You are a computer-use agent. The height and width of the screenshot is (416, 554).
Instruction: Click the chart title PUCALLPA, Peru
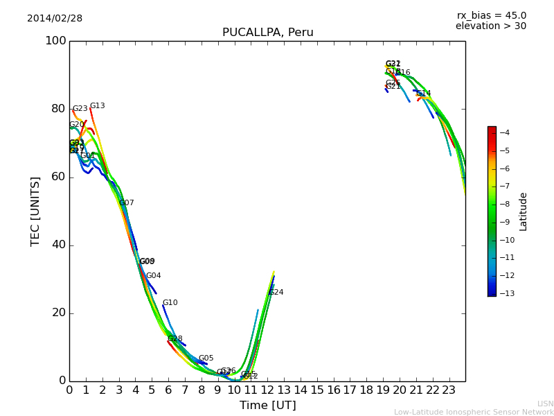coord(267,33)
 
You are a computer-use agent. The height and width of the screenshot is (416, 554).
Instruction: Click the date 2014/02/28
coord(55,19)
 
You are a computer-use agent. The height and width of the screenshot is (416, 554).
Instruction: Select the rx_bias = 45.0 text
coord(491,15)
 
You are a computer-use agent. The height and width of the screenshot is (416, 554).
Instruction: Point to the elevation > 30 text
coord(490,26)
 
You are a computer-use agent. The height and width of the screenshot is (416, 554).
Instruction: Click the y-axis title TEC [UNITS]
coord(35,211)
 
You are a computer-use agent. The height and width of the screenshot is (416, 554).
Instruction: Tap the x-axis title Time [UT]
coord(267,406)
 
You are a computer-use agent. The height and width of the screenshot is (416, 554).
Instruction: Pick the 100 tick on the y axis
coord(55,41)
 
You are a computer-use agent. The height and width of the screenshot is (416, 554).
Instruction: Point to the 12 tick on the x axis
coord(267,390)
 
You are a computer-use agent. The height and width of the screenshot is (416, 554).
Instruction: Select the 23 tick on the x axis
coord(449,390)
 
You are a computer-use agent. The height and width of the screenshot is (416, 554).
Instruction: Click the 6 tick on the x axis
coord(168,390)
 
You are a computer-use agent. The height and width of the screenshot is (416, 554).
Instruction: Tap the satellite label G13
coord(97,106)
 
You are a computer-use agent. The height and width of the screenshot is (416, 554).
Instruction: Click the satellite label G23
coord(80,109)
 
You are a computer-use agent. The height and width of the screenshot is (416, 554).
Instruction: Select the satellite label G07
coord(126,203)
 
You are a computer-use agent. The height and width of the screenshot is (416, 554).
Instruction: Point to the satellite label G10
coord(170,303)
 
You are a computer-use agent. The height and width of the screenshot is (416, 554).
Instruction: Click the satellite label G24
coord(276,293)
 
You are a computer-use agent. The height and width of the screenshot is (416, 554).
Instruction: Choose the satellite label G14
coord(423,94)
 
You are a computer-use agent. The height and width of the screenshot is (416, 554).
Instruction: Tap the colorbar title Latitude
coord(524,211)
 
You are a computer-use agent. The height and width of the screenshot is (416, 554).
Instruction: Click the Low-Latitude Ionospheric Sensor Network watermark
coord(474,412)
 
